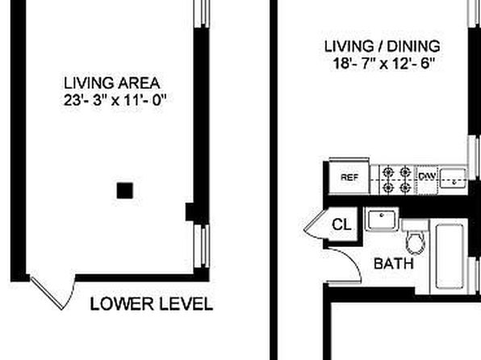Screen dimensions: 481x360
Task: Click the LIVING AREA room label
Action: (111, 83)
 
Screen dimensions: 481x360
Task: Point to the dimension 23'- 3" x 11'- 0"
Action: (115, 100)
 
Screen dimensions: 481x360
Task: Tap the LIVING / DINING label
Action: (383, 46)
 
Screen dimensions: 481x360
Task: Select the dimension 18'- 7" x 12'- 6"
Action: (384, 64)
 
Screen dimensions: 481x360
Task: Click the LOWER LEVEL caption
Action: (152, 303)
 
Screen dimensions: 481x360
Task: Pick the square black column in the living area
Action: (125, 190)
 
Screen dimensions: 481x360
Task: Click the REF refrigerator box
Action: (349, 177)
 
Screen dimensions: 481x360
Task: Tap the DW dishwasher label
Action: (427, 176)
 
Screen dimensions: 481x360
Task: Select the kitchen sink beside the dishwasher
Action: (454, 178)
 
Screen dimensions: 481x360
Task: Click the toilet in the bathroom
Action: (416, 237)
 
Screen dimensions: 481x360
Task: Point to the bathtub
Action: (450, 257)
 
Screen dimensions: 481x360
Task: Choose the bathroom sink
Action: (382, 220)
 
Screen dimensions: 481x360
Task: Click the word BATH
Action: (394, 264)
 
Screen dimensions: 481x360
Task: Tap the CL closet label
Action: (341, 224)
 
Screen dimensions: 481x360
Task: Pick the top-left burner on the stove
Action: (388, 171)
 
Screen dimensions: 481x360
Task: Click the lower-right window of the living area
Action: (202, 246)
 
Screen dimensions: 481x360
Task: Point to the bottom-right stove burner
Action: (405, 187)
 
